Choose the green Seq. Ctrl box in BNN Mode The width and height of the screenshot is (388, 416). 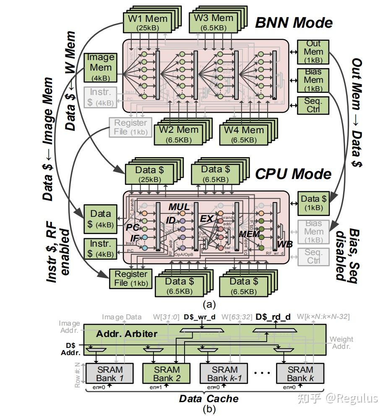point(313,105)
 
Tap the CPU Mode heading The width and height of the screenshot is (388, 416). point(294,174)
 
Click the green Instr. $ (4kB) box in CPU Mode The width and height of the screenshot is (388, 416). point(100,249)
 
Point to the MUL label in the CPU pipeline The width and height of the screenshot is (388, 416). point(179,207)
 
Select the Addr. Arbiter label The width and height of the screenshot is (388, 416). point(127,334)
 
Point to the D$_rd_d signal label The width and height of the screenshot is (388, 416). point(273,317)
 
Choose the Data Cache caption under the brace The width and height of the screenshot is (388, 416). point(208,398)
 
